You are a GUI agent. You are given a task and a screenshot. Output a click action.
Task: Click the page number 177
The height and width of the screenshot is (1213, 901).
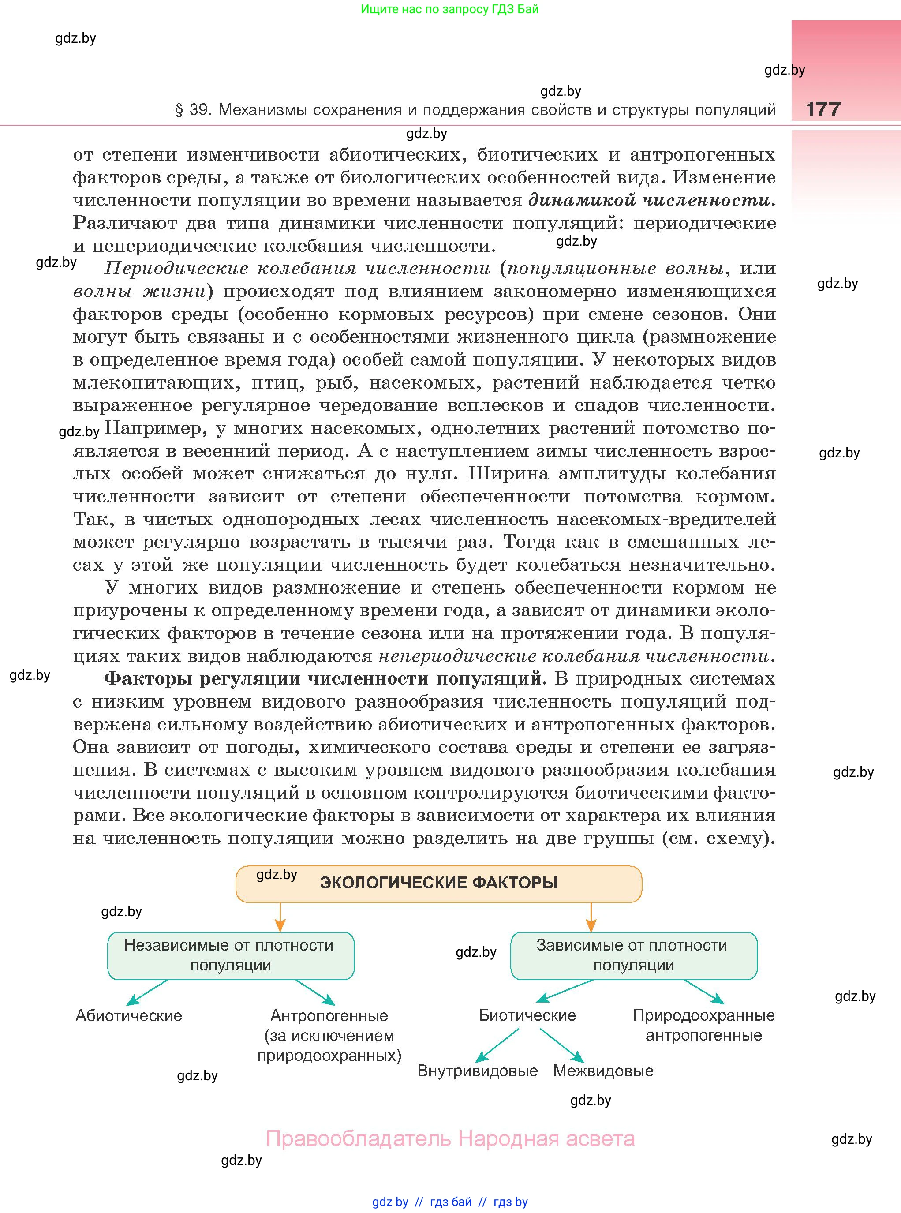[823, 109]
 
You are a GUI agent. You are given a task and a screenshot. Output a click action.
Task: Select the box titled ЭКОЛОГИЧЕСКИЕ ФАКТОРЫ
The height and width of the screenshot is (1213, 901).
[438, 883]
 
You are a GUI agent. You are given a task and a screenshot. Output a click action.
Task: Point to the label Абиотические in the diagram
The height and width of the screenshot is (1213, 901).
[129, 1015]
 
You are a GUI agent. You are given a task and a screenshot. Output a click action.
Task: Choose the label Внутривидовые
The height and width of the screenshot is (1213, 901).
[477, 1071]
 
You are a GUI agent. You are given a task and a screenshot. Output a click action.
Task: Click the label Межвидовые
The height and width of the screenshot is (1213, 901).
[603, 1071]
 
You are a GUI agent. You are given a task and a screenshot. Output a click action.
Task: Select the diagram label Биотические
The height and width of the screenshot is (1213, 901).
[527, 1015]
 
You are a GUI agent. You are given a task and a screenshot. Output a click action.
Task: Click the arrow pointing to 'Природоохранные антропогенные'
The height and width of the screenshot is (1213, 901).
[705, 992]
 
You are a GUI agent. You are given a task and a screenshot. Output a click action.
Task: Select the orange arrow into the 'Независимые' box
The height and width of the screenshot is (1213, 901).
[280, 917]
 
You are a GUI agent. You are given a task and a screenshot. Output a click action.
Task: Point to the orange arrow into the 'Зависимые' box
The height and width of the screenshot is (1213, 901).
[591, 917]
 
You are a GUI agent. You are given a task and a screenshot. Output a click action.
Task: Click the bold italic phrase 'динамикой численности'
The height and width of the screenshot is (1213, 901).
[652, 200]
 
